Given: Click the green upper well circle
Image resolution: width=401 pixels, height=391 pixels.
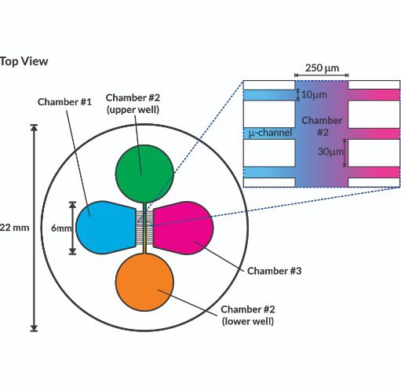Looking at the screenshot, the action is tap(144, 174).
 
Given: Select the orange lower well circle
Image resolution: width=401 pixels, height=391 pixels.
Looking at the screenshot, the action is tap(144, 282).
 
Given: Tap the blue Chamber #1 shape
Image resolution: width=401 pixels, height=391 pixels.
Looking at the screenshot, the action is tap(106, 228).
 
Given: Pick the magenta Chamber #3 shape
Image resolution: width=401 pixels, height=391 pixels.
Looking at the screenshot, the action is tap(183, 228).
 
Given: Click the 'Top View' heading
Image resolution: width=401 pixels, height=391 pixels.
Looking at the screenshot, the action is tap(24, 61).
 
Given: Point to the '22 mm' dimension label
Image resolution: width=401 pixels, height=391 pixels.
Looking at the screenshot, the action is tap(14, 228).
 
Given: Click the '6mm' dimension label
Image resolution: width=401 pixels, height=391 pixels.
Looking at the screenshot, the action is tap(61, 228).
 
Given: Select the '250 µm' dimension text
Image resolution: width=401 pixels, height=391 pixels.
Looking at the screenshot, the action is tap(322, 68).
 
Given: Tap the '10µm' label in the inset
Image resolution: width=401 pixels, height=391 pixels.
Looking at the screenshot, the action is tap(314, 95).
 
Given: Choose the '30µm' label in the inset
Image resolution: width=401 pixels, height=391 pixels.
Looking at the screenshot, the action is tap(330, 152).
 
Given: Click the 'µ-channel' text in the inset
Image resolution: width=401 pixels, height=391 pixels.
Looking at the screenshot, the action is tap(270, 133).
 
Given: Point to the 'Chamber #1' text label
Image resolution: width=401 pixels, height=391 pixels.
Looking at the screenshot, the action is tap(64, 102).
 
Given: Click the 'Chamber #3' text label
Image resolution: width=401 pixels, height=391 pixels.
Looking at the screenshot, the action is tap(274, 271).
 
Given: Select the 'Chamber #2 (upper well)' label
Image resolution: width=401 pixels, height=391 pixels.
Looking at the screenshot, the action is tap(133, 104).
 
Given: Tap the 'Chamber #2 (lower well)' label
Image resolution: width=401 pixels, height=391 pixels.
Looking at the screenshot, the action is tap(248, 315).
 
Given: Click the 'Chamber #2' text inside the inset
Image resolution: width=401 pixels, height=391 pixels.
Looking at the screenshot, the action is tap(322, 126).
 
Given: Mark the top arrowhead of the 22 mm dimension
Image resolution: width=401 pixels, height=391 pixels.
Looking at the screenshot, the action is tap(34, 127).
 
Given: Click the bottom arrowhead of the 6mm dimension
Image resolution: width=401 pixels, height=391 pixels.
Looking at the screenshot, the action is tap(72, 251).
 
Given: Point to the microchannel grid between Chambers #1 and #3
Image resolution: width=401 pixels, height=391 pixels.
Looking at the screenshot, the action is tap(144, 228).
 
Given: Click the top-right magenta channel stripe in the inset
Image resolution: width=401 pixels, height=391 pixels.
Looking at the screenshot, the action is tap(374, 95).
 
